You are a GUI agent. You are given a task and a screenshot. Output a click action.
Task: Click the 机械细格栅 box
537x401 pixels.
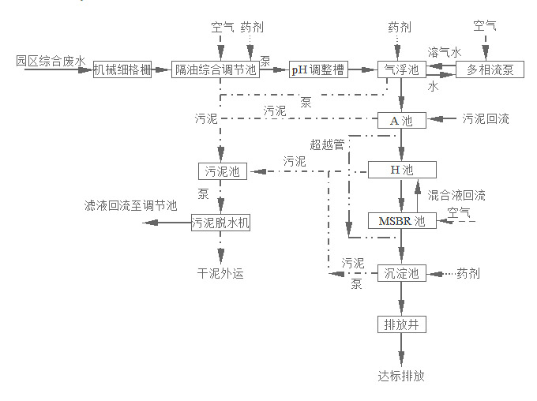(x=122, y=69)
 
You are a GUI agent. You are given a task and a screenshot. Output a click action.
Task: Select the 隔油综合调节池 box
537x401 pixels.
(x=215, y=69)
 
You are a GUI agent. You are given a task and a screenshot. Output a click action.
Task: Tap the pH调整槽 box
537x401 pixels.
(x=316, y=69)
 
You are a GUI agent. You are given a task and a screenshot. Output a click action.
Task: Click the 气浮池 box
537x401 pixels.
(x=401, y=69)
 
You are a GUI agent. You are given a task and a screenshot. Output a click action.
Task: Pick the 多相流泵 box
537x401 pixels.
(x=490, y=69)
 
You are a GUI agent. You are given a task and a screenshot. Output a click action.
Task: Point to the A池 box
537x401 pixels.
(x=402, y=120)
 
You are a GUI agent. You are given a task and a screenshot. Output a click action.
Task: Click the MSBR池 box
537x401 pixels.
(x=402, y=221)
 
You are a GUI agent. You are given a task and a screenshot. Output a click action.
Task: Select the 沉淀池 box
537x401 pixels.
(x=402, y=273)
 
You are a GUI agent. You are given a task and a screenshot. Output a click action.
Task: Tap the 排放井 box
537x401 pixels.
(x=402, y=324)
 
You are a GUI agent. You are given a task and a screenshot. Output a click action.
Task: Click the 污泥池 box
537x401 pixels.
(x=222, y=171)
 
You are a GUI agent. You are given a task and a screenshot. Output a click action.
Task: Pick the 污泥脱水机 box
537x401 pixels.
(x=220, y=223)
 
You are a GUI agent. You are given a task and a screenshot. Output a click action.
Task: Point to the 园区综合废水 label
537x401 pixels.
(x=50, y=60)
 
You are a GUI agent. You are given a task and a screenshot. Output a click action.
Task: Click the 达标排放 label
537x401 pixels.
(x=401, y=376)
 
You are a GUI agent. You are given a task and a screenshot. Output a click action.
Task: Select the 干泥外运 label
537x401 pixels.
(x=220, y=274)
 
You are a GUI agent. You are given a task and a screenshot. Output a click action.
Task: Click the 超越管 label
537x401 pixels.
(x=327, y=144)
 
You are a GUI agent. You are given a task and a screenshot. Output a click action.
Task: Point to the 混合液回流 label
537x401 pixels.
(x=456, y=194)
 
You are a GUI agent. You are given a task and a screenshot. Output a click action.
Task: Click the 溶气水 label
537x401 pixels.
(x=444, y=51)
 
